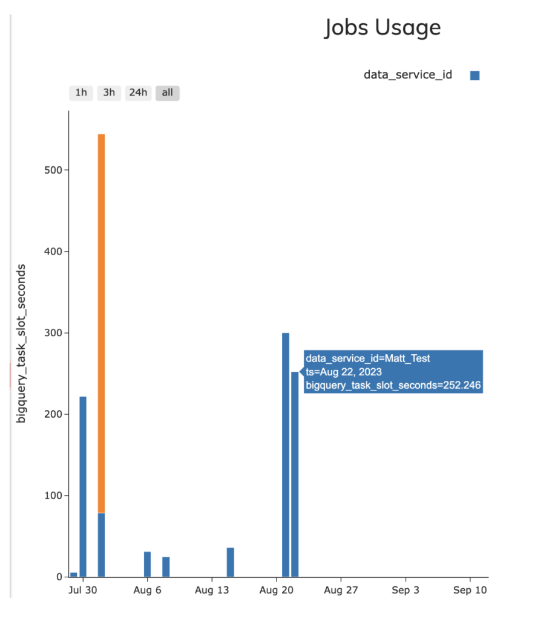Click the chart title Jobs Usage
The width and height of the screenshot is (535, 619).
[382, 28]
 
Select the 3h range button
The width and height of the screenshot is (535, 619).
[109, 92]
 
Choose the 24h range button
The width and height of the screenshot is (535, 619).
[137, 92]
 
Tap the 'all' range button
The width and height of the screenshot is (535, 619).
[167, 92]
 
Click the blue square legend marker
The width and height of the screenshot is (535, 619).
[474, 76]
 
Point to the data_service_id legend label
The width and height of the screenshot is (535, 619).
[407, 75]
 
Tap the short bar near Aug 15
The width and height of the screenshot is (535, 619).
[231, 562]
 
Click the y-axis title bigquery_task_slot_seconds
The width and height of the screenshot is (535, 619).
[21, 343]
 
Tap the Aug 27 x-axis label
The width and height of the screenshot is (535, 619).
[341, 590]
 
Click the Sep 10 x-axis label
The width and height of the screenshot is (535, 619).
[470, 590]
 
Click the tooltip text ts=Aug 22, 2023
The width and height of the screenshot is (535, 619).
[343, 372]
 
